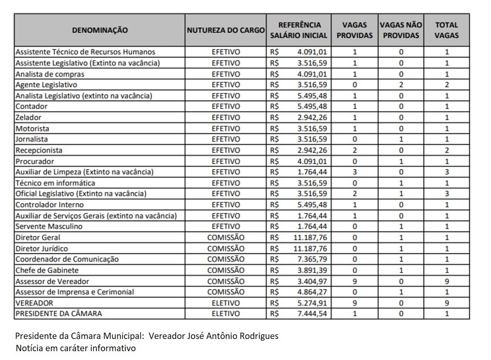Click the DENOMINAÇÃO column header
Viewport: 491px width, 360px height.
click(100, 30)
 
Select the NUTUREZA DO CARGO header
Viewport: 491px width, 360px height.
click(226, 30)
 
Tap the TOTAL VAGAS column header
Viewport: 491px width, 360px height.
click(446, 30)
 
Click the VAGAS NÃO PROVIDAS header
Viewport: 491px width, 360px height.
click(401, 30)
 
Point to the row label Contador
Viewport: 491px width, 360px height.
click(32, 106)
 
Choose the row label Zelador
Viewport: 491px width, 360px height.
click(29, 117)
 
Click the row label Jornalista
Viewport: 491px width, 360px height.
click(32, 139)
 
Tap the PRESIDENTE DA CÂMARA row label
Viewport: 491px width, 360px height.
click(58, 314)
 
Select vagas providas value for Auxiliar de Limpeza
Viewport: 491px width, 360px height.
click(355, 172)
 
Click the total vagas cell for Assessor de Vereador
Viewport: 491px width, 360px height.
click(447, 281)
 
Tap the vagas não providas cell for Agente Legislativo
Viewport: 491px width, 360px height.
click(401, 85)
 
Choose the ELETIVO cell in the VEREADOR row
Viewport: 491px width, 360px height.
click(226, 303)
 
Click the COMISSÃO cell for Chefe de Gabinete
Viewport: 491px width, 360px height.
click(226, 270)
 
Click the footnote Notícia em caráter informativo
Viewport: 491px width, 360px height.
click(76, 349)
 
